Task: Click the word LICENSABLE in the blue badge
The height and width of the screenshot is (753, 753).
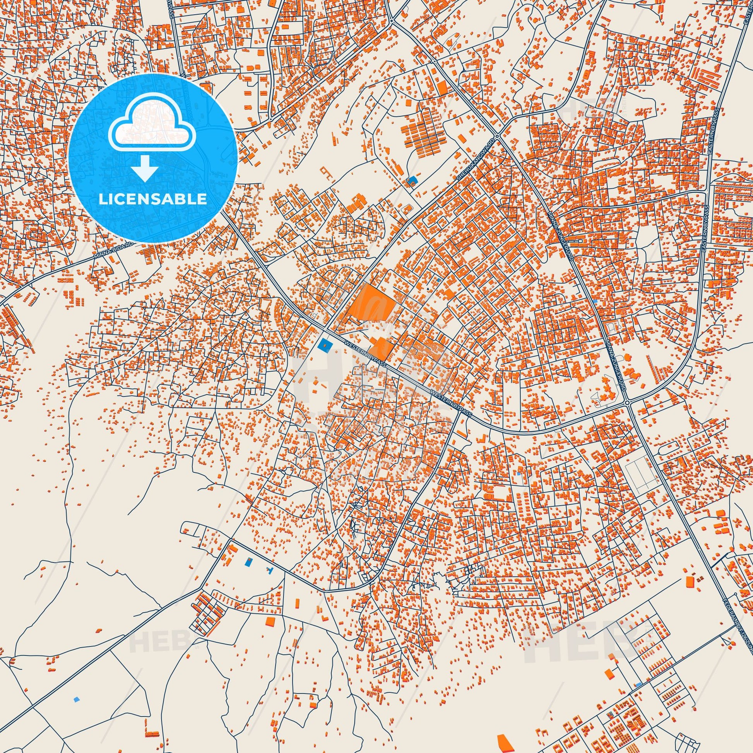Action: point(152,199)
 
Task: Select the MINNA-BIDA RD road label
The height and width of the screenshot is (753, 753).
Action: point(115,250)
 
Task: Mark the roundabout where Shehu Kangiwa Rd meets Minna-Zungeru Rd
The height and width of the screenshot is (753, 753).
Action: point(497,136)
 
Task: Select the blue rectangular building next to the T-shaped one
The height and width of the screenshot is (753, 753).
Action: point(248,561)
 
